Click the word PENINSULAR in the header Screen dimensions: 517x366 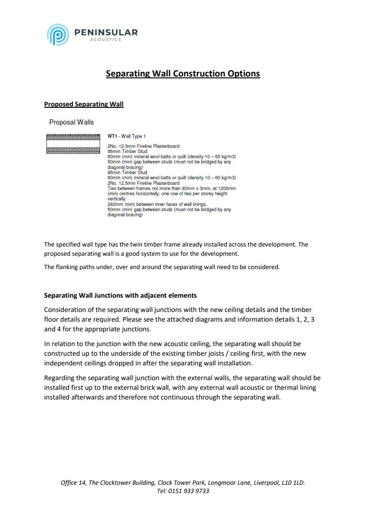pos(106,32)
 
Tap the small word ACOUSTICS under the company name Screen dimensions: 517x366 pos(105,40)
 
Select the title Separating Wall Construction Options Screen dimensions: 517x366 pos(183,74)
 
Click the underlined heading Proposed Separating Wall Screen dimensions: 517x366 pos(84,104)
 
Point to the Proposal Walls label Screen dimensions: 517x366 pos(71,122)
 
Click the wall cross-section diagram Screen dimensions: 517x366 pos(73,143)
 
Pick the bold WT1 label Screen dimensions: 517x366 pos(110,136)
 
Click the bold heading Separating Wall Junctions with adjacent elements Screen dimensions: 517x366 pos(120,295)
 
